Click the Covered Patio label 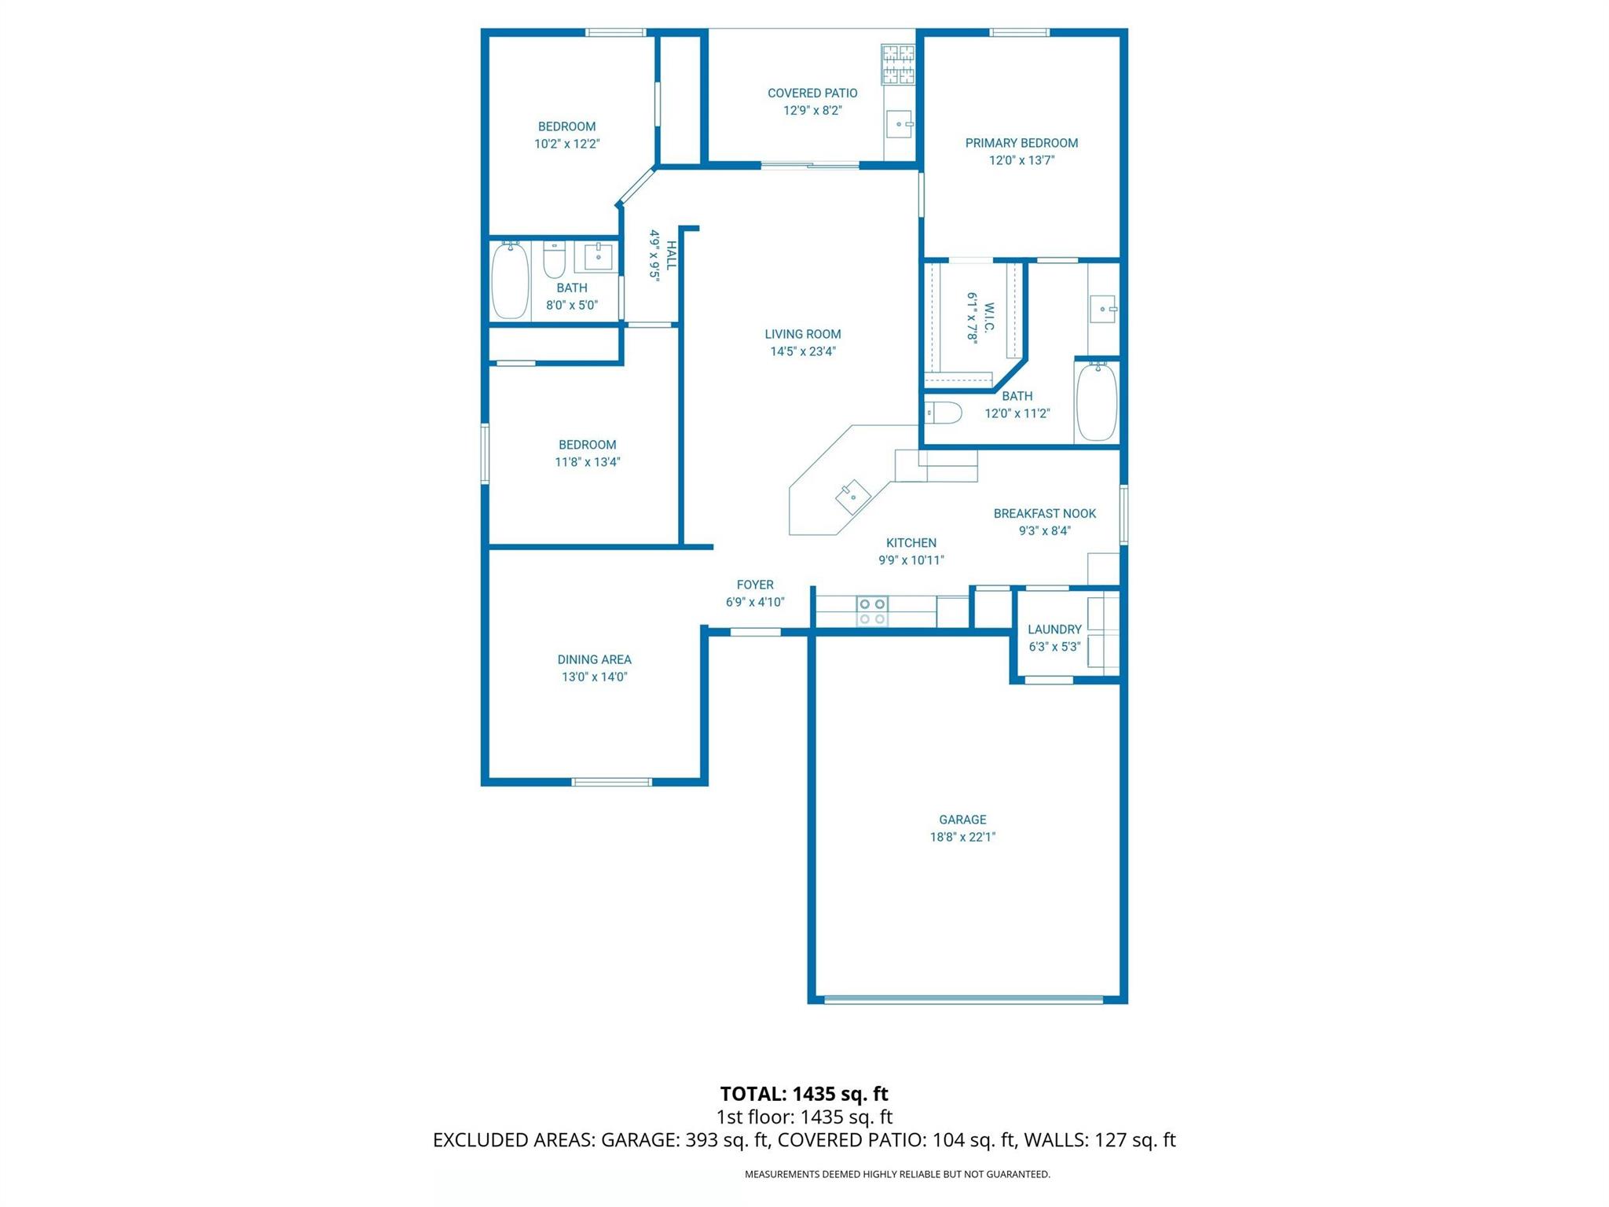(x=812, y=93)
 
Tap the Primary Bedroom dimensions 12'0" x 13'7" (x=1021, y=160)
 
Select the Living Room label (x=802, y=334)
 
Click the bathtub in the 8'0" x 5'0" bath (x=510, y=281)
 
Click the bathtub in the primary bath (x=1096, y=402)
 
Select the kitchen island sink (x=852, y=497)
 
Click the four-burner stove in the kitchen (x=872, y=611)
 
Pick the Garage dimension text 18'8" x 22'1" (x=962, y=837)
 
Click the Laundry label (x=1054, y=629)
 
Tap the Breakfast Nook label (x=1044, y=513)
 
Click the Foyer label (x=755, y=585)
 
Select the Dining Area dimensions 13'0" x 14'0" (x=594, y=677)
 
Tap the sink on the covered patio (x=899, y=124)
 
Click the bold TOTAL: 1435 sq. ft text (x=804, y=1093)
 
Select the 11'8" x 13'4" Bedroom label (x=587, y=445)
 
